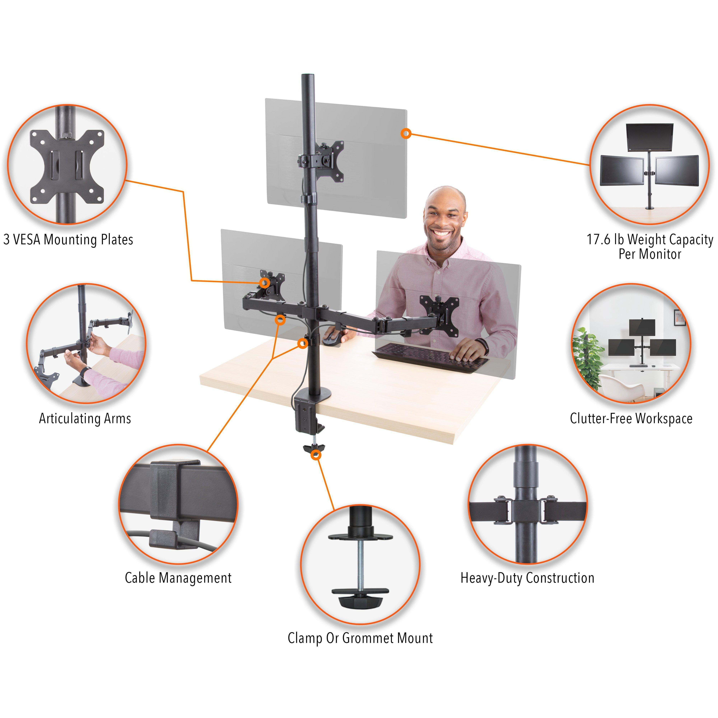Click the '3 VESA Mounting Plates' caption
coord(68,240)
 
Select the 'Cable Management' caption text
coord(178,578)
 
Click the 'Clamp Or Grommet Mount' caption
coord(360,638)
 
